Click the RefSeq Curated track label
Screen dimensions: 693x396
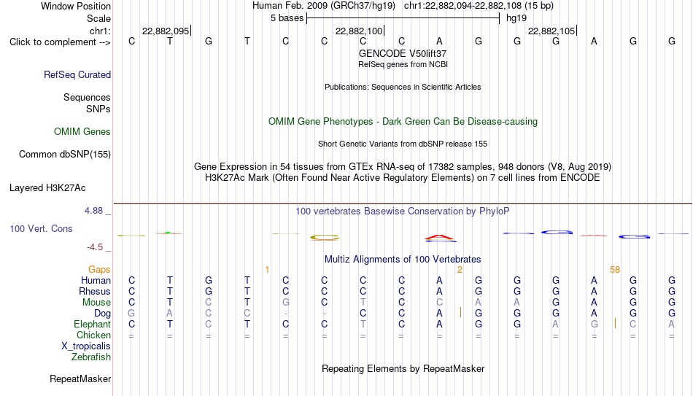[77, 74]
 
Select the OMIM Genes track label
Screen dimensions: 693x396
[82, 132]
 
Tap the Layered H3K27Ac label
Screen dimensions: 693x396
[47, 188]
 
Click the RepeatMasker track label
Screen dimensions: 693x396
[80, 378]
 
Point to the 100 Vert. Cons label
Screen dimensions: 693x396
[41, 228]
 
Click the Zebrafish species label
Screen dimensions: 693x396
[91, 357]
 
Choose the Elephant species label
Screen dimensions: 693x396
[93, 324]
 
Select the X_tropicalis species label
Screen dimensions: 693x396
[86, 346]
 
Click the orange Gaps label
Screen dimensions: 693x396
[99, 270]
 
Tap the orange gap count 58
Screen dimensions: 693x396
[615, 270]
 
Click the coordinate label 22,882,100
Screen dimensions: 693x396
[359, 31]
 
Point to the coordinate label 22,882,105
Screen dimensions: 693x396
[551, 31]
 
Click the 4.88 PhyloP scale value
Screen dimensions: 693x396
[93, 211]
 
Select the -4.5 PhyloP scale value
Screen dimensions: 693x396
[95, 247]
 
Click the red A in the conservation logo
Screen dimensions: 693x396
[440, 238]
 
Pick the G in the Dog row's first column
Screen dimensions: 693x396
[131, 314]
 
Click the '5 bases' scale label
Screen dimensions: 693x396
[287, 18]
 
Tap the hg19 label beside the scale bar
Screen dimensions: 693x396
[516, 18]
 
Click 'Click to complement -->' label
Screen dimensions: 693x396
[60, 42]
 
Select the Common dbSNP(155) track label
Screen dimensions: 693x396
[65, 155]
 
